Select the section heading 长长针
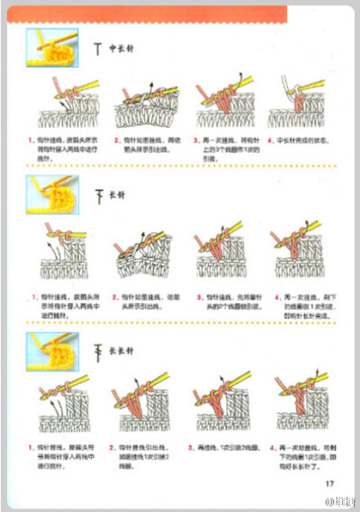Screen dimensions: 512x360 point(121,352)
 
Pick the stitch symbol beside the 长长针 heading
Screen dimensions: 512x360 point(97,352)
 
